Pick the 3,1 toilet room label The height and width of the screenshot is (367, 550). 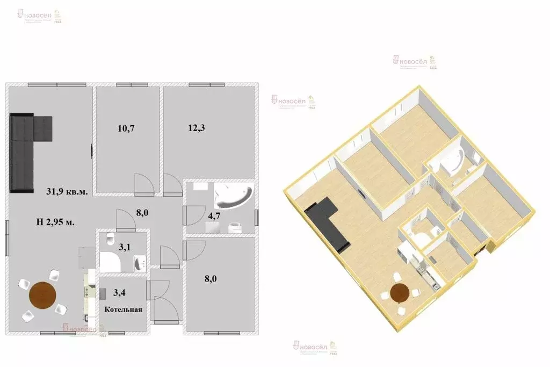pos(124,248)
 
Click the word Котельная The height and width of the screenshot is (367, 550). pos(123,310)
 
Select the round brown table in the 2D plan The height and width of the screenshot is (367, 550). pos(42,296)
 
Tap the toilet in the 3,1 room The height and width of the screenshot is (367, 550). pos(109,239)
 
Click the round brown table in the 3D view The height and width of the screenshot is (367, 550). pos(400,293)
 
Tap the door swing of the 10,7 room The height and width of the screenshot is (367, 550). pos(144,184)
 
